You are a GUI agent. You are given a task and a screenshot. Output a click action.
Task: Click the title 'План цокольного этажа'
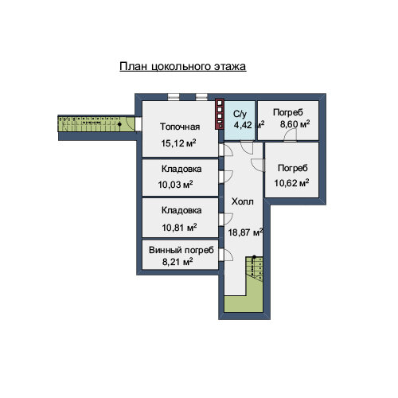pyautogui.click(x=182, y=66)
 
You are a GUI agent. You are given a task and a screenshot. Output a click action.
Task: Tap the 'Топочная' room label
pyautogui.click(x=180, y=127)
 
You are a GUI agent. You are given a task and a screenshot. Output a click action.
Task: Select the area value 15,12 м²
pyautogui.click(x=178, y=143)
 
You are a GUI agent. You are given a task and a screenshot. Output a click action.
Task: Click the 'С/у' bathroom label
pyautogui.click(x=240, y=114)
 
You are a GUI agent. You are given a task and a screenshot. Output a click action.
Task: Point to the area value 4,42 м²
pyautogui.click(x=249, y=124)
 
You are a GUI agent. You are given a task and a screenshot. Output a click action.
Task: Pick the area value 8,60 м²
pyautogui.click(x=295, y=124)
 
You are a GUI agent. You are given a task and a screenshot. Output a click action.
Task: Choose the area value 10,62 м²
pyautogui.click(x=291, y=183)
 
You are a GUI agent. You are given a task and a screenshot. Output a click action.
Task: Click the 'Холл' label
pyautogui.click(x=242, y=201)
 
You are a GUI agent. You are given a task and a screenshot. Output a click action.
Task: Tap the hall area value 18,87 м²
pyautogui.click(x=245, y=232)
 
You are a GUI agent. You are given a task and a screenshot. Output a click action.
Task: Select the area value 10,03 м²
pyautogui.click(x=175, y=184)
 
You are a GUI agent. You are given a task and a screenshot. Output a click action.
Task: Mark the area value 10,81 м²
pyautogui.click(x=179, y=228)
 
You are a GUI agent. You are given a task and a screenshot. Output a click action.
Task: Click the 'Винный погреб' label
pyautogui.click(x=181, y=250)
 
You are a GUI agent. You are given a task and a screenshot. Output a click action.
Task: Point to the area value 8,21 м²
pyautogui.click(x=178, y=262)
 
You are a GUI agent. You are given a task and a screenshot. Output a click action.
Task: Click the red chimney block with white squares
pyautogui.click(x=220, y=114)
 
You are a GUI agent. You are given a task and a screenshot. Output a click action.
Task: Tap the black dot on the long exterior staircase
pyautogui.click(x=119, y=124)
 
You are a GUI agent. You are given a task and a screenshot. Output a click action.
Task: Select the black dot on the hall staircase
pyautogui.click(x=254, y=257)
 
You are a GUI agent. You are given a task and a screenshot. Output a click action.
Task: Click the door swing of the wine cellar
pyautogui.click(x=228, y=255)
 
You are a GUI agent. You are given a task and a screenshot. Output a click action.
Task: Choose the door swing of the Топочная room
pyautogui.click(x=228, y=150)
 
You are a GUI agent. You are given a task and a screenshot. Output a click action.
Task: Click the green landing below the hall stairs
pyautogui.click(x=244, y=303)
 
